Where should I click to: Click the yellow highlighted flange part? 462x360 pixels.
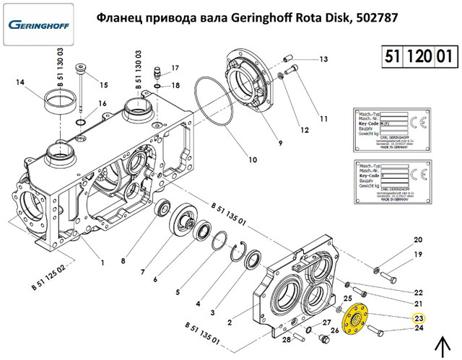point(355,319)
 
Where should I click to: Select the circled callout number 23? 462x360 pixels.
point(418,317)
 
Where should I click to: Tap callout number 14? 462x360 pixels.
point(20,82)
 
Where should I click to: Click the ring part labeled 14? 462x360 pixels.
point(62,100)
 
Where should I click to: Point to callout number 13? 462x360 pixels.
point(323,58)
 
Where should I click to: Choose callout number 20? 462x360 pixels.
point(418,240)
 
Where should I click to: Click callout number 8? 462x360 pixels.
point(123,260)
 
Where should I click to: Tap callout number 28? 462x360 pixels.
point(287,339)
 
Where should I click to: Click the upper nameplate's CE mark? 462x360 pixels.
point(417,120)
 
